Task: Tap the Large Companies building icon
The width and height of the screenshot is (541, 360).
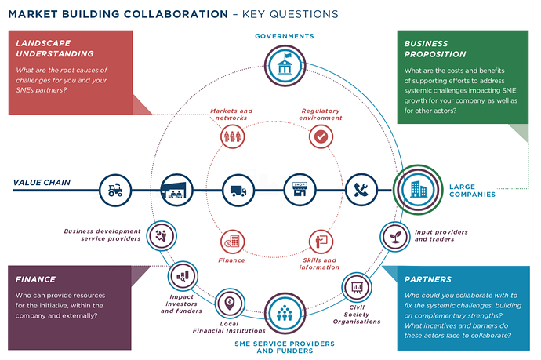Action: (x=412, y=188)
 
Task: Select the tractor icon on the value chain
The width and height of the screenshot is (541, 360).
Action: (x=115, y=189)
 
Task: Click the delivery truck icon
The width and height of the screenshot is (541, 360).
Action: (x=238, y=189)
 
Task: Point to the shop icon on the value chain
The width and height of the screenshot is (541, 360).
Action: (x=299, y=189)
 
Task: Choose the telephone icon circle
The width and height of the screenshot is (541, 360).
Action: (x=360, y=189)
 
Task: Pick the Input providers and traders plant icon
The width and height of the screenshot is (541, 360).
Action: (x=394, y=235)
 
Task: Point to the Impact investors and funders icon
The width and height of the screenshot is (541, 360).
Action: (x=183, y=276)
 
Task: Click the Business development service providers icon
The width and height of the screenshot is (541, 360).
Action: (x=160, y=233)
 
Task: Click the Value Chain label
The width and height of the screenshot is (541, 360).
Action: (x=42, y=183)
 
